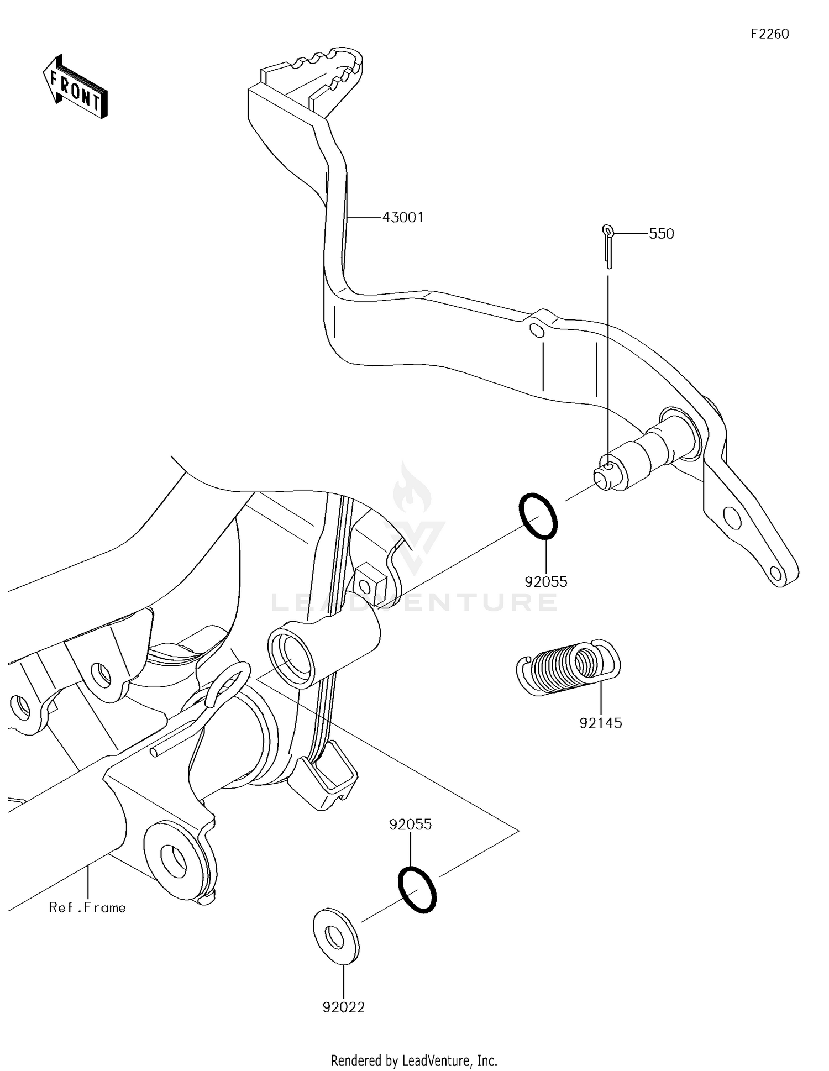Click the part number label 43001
pyautogui.click(x=403, y=217)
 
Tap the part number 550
pyautogui.click(x=661, y=234)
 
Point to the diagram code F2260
pyautogui.click(x=769, y=34)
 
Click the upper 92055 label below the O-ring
pyautogui.click(x=546, y=581)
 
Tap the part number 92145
pyautogui.click(x=601, y=723)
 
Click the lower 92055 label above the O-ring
pyautogui.click(x=410, y=825)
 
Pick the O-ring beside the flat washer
pyautogui.click(x=417, y=890)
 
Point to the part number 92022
pyautogui.click(x=344, y=1007)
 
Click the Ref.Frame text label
pyautogui.click(x=87, y=907)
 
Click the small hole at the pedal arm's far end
pyautogui.click(x=779, y=573)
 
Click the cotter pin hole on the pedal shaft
pyautogui.click(x=608, y=468)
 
